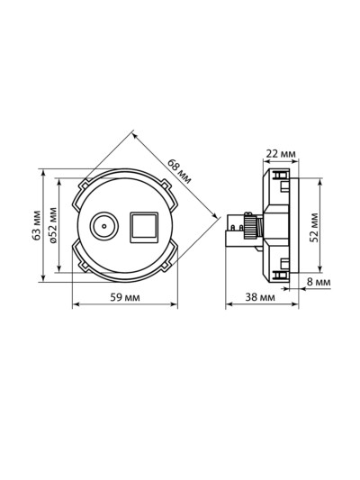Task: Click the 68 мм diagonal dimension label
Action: click(x=179, y=171)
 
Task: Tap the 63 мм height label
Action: click(x=37, y=225)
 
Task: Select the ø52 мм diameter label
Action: click(x=53, y=225)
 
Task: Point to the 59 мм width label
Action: click(x=125, y=297)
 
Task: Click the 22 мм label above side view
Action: click(x=281, y=153)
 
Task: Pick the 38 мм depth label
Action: click(x=260, y=297)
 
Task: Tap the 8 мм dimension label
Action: click(x=319, y=282)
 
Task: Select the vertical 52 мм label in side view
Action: click(x=314, y=227)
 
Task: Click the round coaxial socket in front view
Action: click(x=103, y=226)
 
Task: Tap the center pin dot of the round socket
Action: click(x=104, y=226)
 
